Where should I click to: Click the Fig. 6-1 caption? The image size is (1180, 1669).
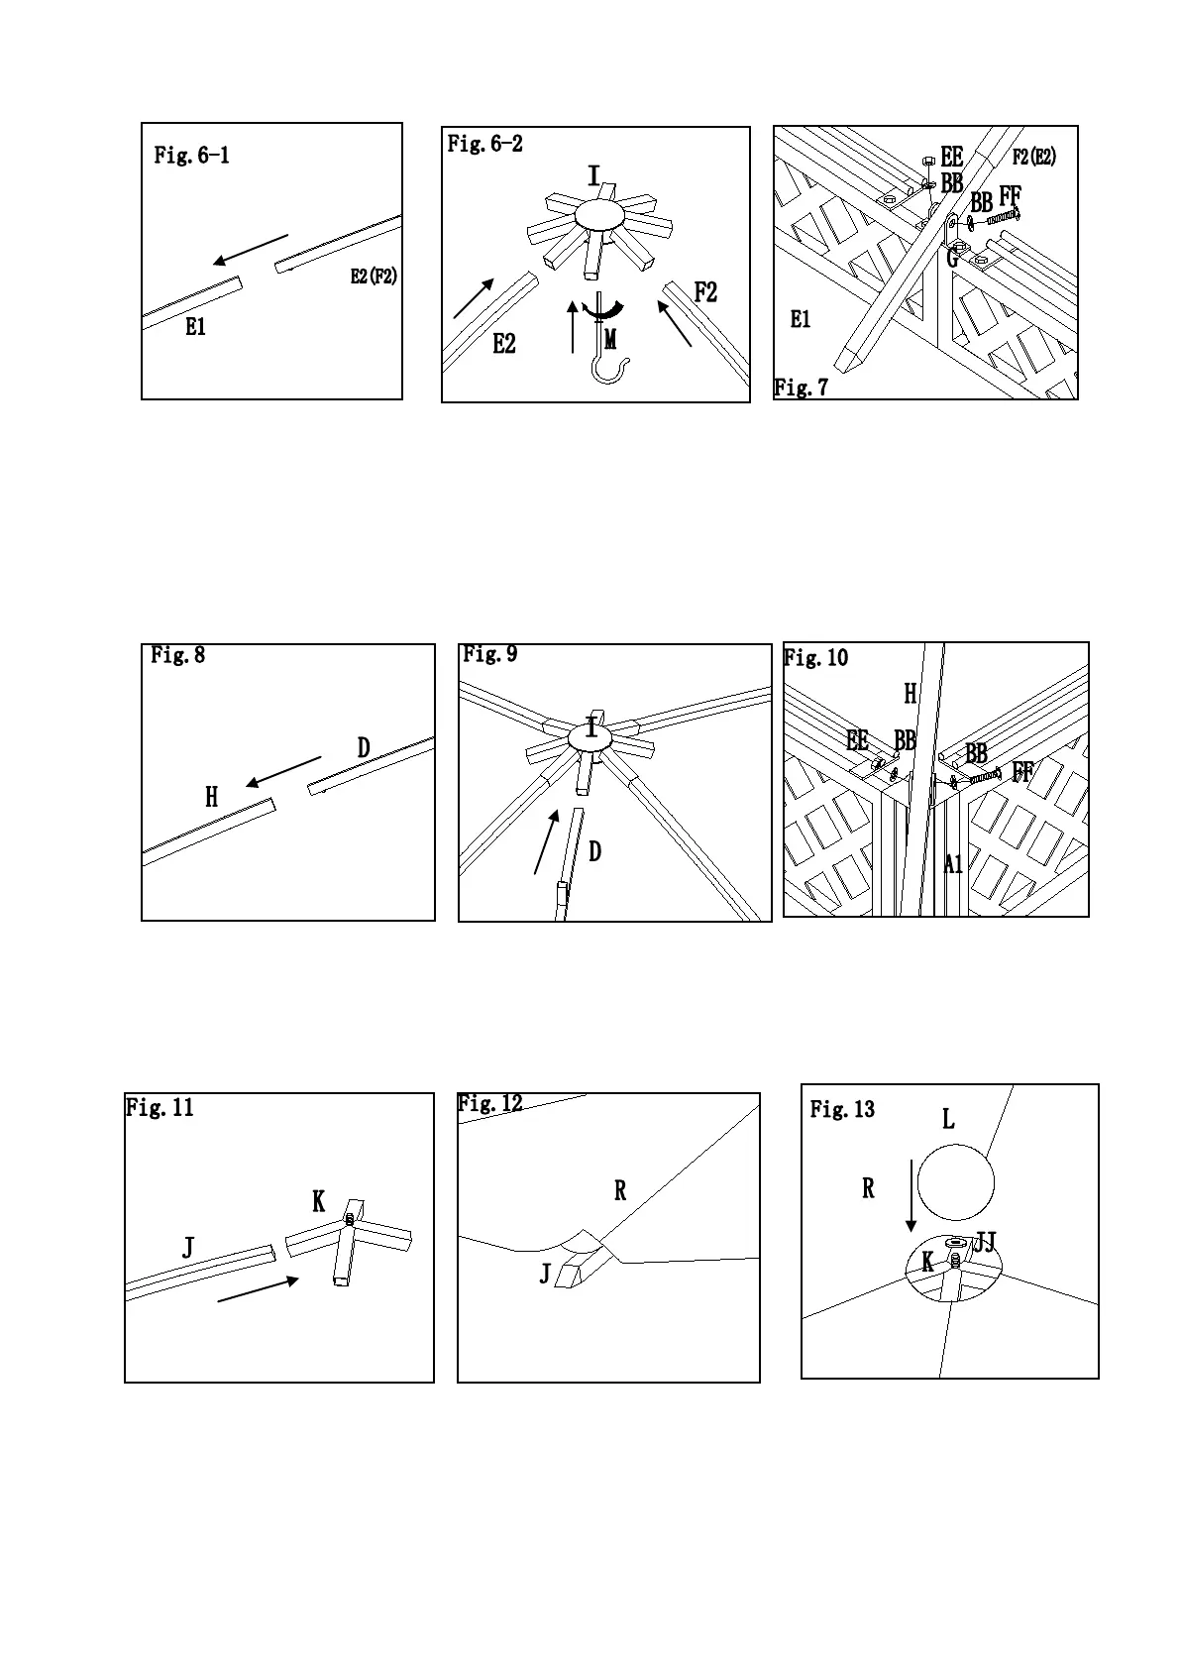click(192, 156)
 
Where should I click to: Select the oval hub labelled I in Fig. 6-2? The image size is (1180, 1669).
click(595, 215)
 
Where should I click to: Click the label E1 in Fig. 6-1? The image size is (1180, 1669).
click(196, 327)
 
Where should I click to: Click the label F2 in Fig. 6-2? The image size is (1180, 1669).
click(705, 292)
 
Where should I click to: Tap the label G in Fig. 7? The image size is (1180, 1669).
click(952, 260)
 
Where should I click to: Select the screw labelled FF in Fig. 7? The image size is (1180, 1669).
click(1003, 216)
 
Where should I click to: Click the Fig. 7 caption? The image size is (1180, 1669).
click(801, 388)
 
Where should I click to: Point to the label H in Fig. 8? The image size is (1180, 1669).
click(211, 797)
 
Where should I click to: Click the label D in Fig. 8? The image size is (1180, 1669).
click(364, 748)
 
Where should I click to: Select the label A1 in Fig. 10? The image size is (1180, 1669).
click(953, 864)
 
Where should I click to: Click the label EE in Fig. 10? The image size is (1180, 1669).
click(857, 740)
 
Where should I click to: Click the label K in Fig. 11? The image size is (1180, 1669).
click(319, 1202)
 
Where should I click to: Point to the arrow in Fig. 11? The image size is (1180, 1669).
click(258, 1289)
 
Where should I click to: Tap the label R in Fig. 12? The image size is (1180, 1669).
click(620, 1191)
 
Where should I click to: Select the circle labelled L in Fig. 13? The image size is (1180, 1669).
click(955, 1182)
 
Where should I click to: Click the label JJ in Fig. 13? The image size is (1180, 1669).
click(985, 1243)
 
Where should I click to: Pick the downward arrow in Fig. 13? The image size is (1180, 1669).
click(912, 1198)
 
